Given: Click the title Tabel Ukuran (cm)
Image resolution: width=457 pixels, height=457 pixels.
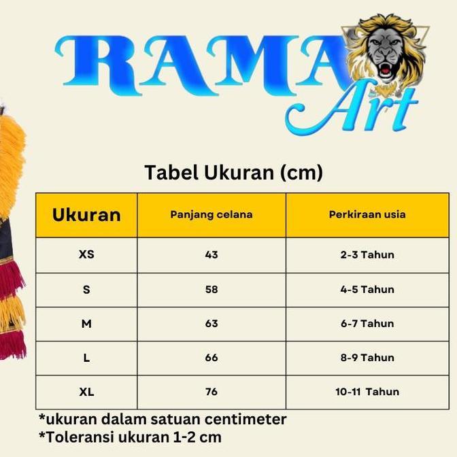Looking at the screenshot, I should coord(233,173).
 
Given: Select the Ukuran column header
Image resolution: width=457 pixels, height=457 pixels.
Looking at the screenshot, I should coord(86,215).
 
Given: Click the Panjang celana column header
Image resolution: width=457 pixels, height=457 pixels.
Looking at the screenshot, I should coord(211,214).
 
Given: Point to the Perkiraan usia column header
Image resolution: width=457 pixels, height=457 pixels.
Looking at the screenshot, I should coord(367,214).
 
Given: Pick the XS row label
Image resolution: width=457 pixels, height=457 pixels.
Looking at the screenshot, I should coord(86,255).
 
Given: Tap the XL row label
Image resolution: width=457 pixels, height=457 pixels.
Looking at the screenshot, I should coord(86,392).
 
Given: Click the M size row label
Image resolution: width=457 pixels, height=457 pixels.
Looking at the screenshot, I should coord(86,324).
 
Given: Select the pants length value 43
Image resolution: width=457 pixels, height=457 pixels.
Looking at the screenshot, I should coord(211,255).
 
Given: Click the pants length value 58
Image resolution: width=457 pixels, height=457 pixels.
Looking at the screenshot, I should coord(211,290).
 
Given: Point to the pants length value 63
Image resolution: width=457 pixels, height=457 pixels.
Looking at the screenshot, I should coord(211,324).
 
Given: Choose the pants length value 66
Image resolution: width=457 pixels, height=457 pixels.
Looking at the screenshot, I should coord(211,358).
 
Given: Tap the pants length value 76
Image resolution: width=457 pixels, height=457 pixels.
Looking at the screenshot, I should coord(211,392).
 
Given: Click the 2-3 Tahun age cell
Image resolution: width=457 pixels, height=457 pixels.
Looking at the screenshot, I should coord(367,255).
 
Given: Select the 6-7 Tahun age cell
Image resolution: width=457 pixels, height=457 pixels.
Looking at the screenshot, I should coord(367,324).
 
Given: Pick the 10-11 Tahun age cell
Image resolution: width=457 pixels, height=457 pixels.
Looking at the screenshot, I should coord(367,392).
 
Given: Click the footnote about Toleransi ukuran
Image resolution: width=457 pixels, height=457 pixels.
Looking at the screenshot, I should coord(130,437).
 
